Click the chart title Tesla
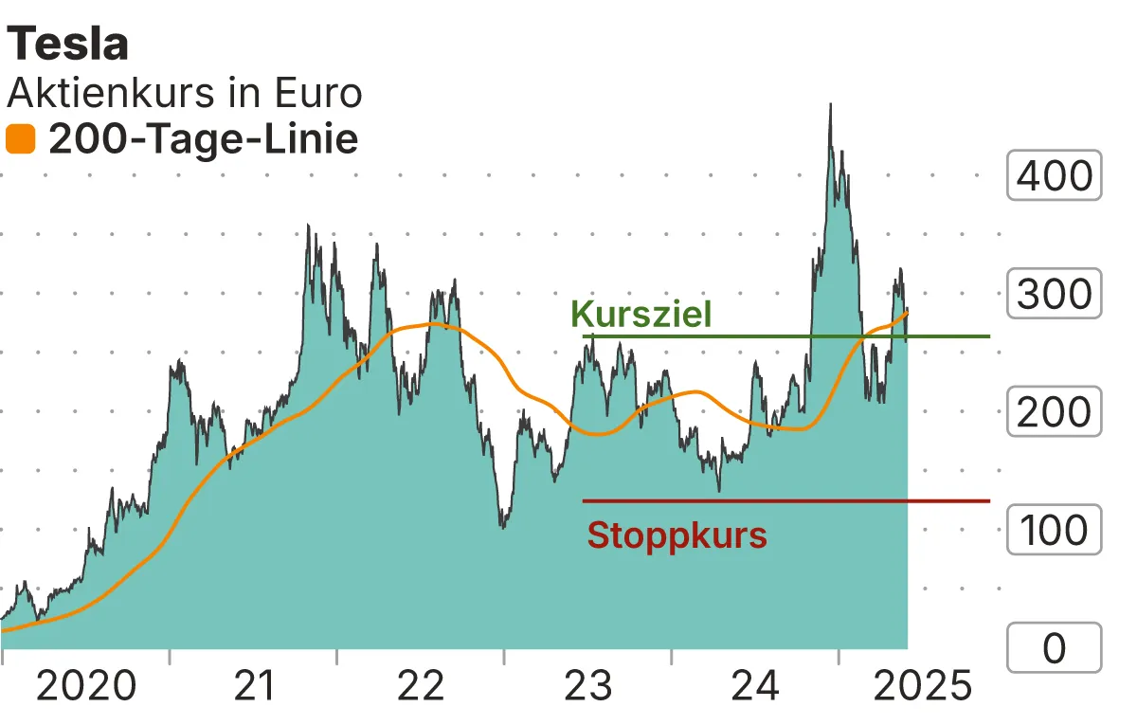coord(68,45)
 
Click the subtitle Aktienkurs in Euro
coord(185,93)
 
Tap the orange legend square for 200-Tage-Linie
coord(21,140)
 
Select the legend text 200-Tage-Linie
coord(204,140)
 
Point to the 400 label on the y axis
coord(1054,175)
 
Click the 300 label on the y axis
coord(1054,294)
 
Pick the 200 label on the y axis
coord(1054,412)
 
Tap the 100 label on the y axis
coord(1054,531)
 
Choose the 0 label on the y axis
coord(1054,648)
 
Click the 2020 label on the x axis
coord(86,685)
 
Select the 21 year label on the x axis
coord(254,685)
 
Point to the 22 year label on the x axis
coord(421,685)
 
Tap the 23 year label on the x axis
coord(588,685)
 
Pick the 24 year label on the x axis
coord(755,685)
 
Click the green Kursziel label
coord(641,314)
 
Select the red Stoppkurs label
coord(677,535)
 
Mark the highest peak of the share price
coord(830,104)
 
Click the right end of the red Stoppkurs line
coord(989,500)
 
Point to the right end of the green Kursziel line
coord(989,336)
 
